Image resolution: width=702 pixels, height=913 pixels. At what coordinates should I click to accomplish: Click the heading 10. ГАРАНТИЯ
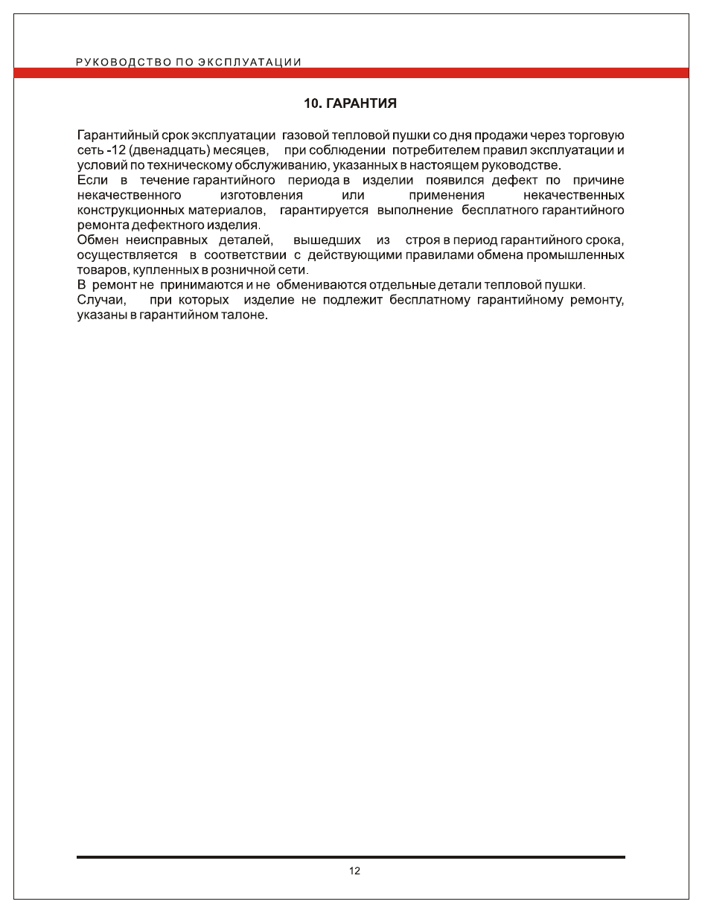350,103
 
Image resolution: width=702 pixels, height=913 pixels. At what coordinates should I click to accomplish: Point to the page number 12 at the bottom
354,871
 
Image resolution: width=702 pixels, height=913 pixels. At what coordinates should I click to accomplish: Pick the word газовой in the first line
305,135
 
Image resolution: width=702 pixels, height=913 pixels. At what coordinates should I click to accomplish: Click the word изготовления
261,195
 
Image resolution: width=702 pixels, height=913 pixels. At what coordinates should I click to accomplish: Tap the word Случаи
101,300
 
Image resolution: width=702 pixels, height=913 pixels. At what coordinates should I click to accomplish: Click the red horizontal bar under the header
351,73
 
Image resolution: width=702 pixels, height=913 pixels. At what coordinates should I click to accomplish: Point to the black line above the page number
351,857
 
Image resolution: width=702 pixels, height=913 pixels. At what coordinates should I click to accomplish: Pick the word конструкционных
130,210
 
